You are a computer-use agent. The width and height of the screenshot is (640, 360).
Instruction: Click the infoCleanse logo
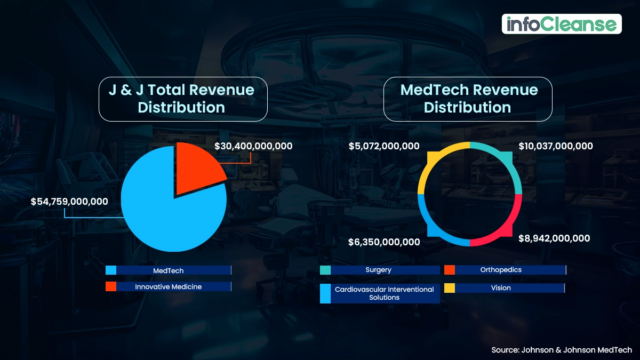coord(562,24)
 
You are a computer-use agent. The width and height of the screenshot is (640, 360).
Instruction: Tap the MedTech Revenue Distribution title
coord(468,98)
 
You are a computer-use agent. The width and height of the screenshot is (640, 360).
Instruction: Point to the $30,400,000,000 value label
coord(253,146)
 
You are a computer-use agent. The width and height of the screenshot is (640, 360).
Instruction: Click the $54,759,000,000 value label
coord(69,202)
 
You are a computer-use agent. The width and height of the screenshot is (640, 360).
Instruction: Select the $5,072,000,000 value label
coord(384,146)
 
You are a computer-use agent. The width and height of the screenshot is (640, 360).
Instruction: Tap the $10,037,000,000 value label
coord(556,146)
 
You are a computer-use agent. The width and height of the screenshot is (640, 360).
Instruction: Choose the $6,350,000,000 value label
coord(384,242)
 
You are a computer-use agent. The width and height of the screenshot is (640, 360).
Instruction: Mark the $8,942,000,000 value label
coord(554,238)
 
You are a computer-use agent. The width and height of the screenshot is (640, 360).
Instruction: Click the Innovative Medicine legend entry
coord(169,286)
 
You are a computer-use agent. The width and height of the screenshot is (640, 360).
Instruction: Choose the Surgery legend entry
coord(379,270)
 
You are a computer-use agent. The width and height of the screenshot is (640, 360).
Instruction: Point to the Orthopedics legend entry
coord(501,270)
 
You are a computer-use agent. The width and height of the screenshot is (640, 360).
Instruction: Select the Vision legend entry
coord(501,288)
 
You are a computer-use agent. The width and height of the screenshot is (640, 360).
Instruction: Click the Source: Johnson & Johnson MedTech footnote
coord(562,350)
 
